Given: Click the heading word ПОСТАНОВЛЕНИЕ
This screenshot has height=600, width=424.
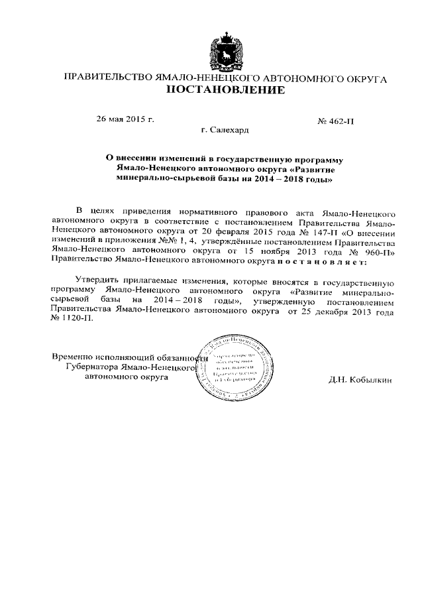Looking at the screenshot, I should [225, 90].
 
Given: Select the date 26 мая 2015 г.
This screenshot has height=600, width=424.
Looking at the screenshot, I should [125, 119].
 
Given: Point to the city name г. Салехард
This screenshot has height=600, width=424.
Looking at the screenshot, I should [225, 131].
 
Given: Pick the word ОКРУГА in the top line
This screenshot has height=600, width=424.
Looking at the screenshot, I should [365, 78].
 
